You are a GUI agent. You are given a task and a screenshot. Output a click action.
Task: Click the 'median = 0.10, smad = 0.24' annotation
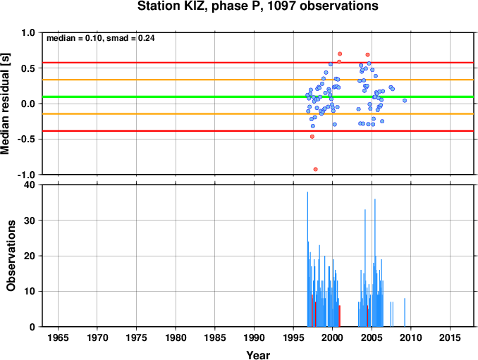click(101, 38)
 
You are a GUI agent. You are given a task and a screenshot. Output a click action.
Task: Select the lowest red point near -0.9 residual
click(316, 169)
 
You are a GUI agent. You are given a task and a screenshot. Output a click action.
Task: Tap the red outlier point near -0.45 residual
click(312, 137)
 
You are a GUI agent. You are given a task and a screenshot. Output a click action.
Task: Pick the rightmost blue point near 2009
click(405, 101)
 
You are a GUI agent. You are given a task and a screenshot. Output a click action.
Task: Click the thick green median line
click(259, 97)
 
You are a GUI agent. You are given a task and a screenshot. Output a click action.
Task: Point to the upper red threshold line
click(259, 63)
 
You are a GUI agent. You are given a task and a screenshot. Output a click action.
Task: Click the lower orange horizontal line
click(259, 114)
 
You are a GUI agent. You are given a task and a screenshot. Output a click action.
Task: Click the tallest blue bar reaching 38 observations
click(307, 259)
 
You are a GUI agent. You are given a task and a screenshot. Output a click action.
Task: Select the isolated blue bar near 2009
click(405, 313)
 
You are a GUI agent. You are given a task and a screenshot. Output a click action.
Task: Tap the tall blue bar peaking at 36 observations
click(375, 263)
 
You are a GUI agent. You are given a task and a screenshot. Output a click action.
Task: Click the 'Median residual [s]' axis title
click(5, 104)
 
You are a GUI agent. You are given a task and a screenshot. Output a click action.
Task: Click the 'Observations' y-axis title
click(11, 256)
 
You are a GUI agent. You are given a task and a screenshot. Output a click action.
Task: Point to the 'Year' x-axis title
click(258, 355)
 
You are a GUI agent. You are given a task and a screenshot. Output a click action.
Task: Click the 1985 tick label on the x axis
click(215, 337)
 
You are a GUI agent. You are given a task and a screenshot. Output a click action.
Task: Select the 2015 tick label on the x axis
click(450, 337)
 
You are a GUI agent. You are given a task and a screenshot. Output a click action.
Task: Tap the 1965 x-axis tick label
click(58, 337)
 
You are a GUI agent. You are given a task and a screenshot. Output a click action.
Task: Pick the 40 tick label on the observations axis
click(30, 185)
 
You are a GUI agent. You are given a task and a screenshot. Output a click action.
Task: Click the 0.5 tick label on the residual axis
click(28, 68)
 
